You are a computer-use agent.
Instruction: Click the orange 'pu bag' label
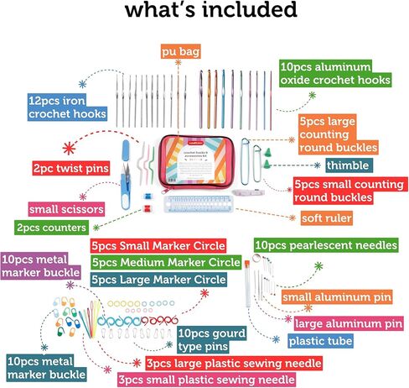coord(181,51)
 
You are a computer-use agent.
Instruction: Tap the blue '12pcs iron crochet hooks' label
coord(67,107)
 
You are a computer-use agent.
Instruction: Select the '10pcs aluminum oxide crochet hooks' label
coord(335,73)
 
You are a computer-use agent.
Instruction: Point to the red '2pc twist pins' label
coord(71,168)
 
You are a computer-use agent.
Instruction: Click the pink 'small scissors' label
coord(66,209)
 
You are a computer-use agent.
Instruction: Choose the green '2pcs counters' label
coord(51,228)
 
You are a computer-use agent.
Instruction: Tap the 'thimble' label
coord(349,165)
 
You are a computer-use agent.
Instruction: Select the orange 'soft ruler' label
coord(327,218)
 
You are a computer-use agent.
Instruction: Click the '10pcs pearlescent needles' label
coord(326,245)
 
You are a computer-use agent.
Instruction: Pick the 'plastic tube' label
coord(320,341)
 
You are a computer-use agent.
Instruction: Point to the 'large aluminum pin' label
coord(349,323)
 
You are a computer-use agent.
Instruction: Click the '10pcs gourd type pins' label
coord(212,340)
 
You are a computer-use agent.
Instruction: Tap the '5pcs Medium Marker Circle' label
coord(166,262)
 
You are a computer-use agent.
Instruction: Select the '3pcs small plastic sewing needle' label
coord(206,380)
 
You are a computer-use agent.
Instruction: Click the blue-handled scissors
coord(126,175)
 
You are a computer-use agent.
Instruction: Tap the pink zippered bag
coord(197,161)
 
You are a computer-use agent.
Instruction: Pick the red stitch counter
coord(147,208)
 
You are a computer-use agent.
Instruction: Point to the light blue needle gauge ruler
coord(199,204)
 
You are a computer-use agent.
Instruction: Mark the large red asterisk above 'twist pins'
coord(69,149)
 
